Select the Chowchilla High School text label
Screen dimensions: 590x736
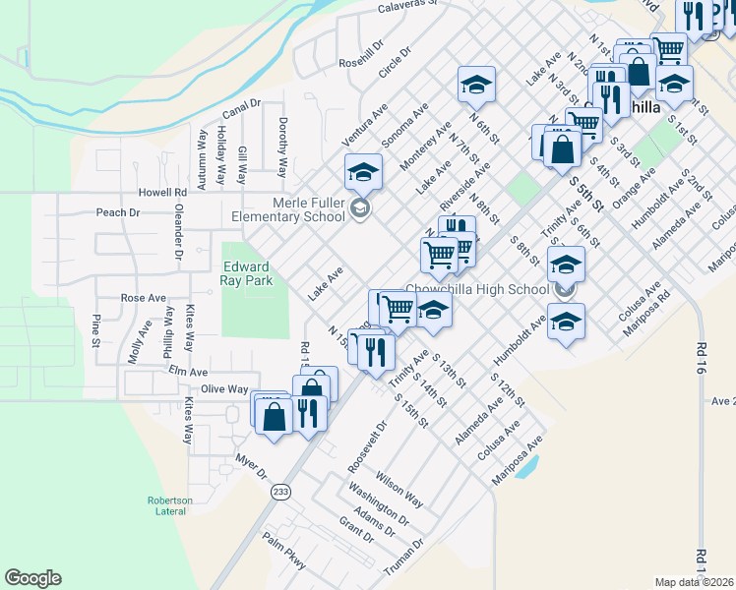[x=477, y=289]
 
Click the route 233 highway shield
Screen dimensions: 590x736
[x=282, y=492]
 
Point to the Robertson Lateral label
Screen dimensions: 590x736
[x=169, y=505]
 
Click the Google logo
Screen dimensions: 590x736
[x=32, y=578]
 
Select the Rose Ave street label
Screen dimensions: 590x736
[x=143, y=298]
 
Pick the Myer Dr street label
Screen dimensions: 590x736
[x=253, y=465]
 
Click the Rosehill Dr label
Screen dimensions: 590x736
[x=360, y=61]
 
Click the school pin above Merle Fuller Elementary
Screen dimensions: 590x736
[x=362, y=172]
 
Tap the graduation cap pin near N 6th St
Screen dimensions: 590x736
[x=475, y=85]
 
